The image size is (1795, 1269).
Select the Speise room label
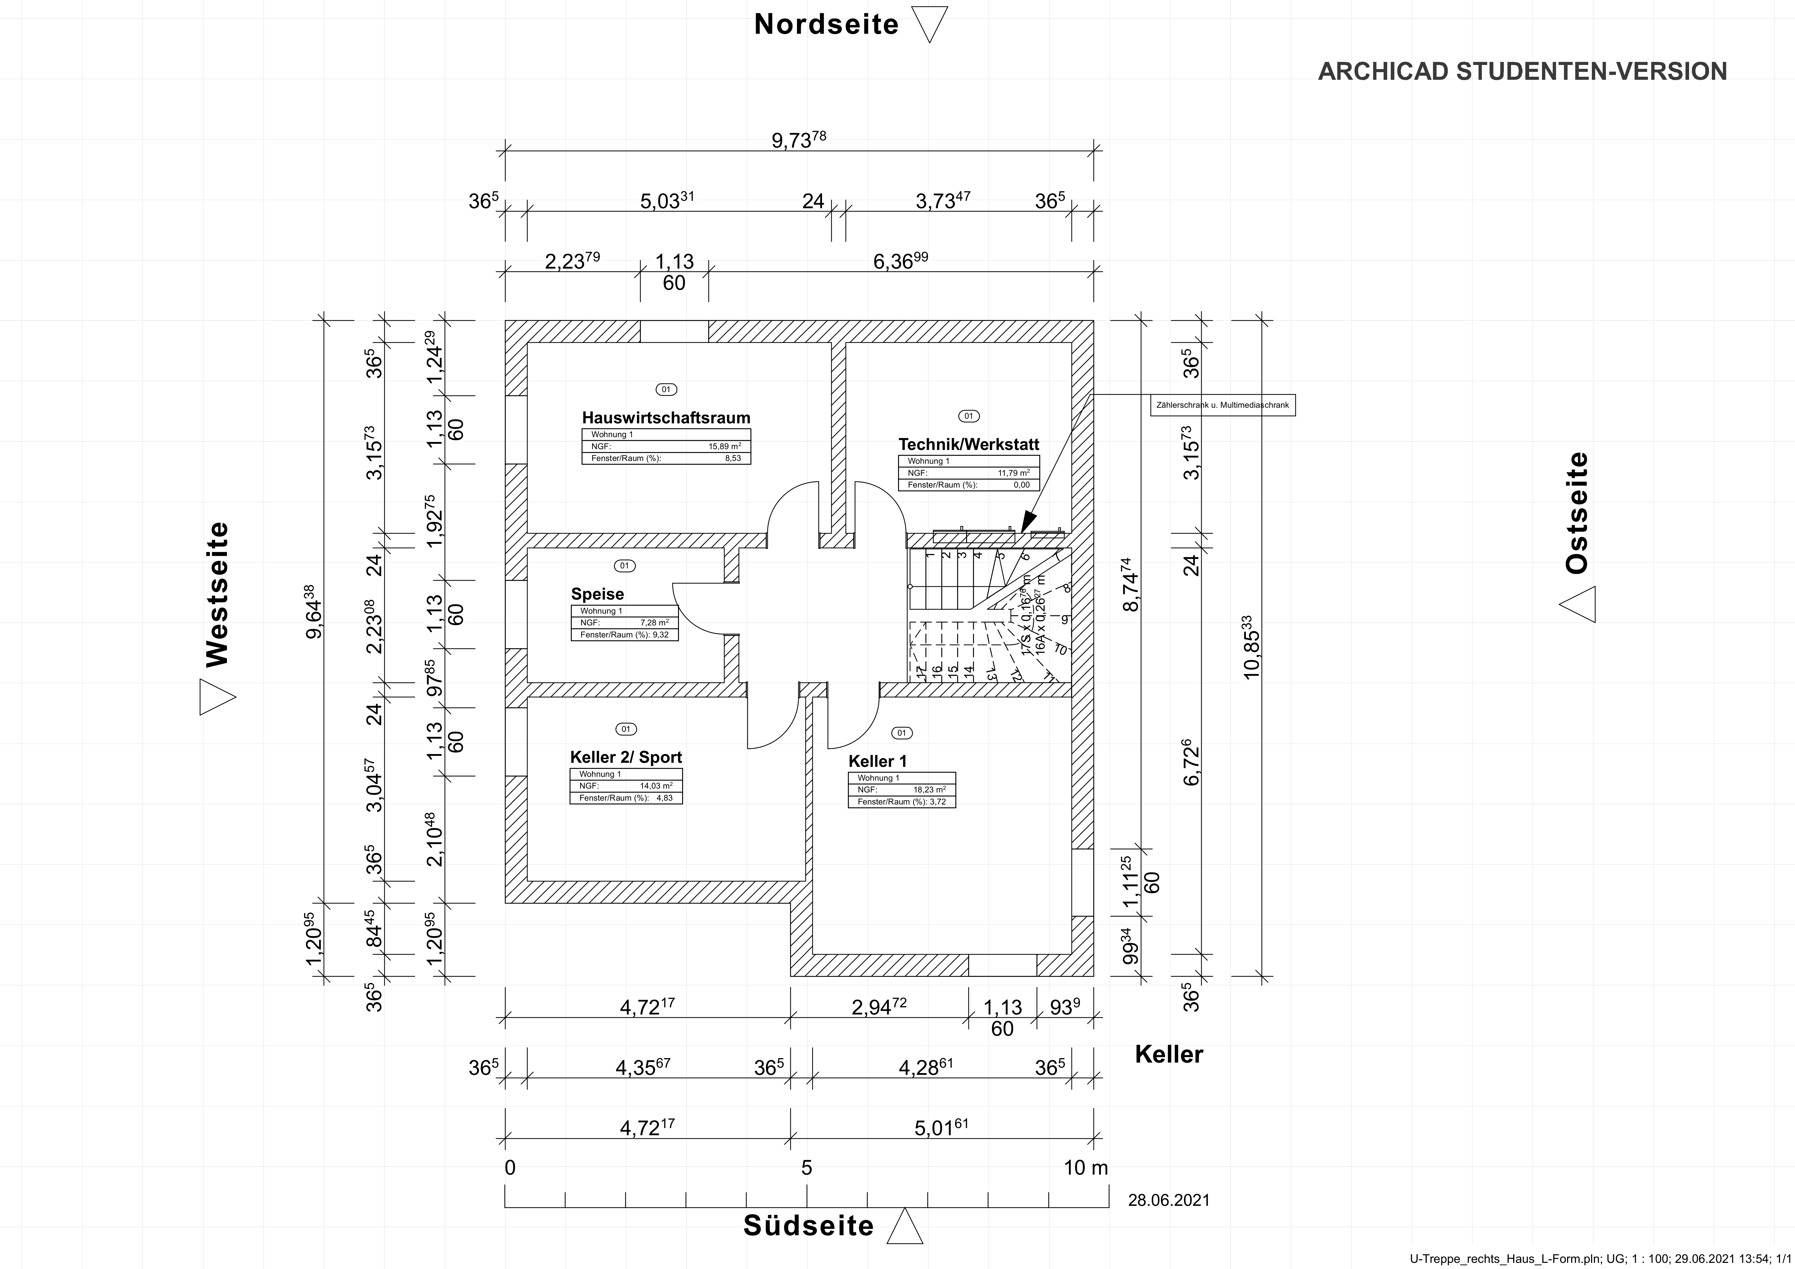click(597, 593)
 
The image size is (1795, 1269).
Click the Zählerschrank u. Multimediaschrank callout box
click(1222, 405)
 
